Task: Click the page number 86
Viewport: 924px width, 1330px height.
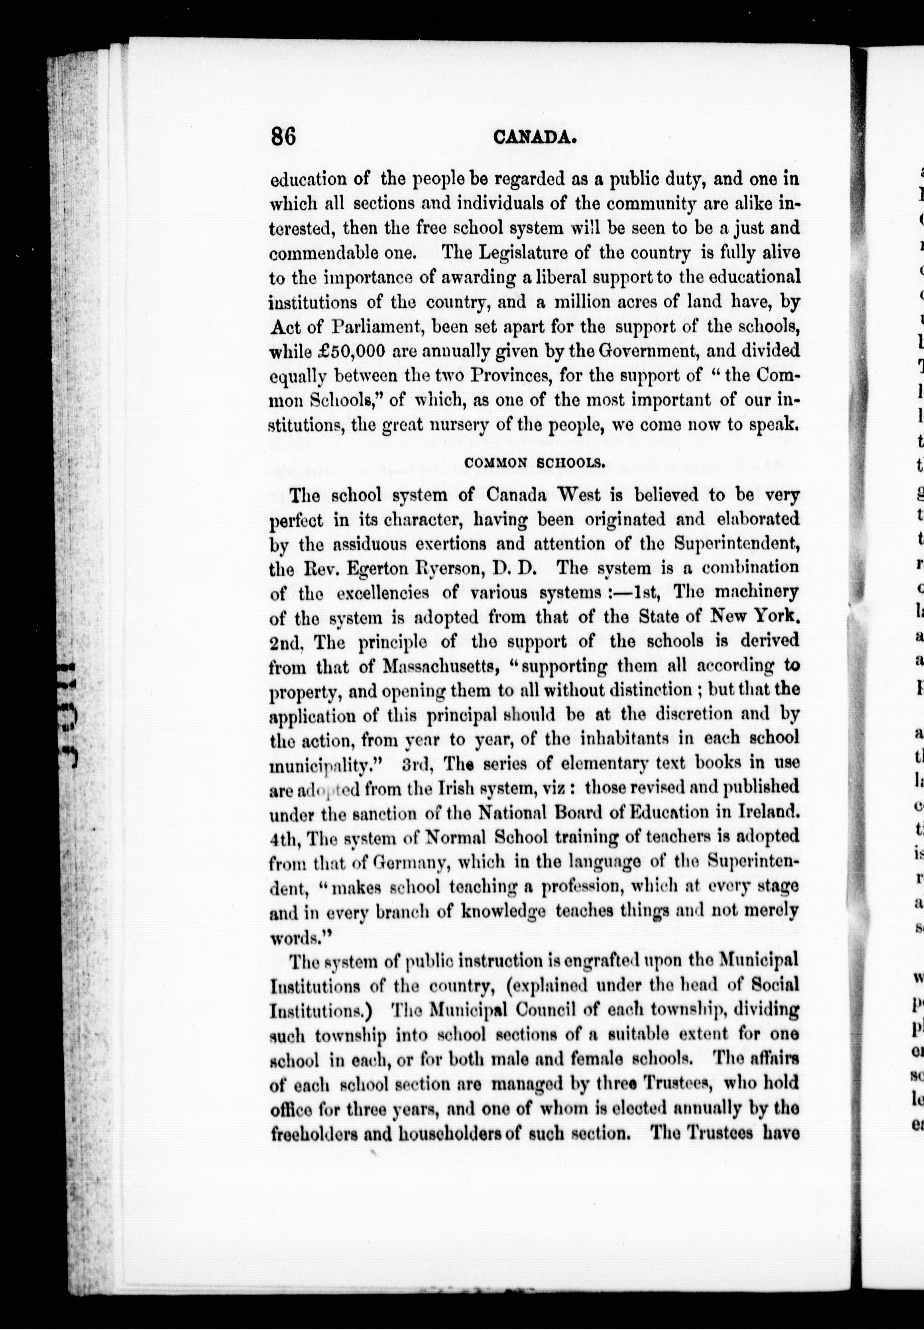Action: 283,137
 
